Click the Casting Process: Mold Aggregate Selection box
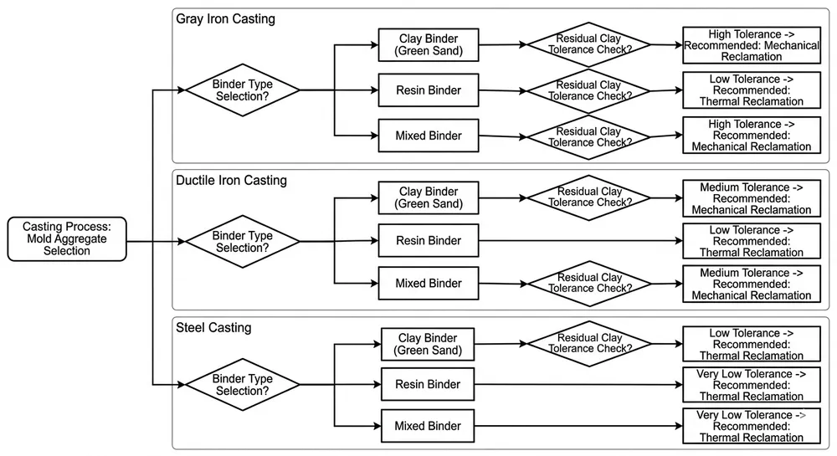(x=67, y=238)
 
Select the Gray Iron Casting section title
(x=224, y=18)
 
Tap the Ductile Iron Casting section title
(x=231, y=180)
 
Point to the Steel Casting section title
(x=213, y=327)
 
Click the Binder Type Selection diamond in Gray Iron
(x=243, y=90)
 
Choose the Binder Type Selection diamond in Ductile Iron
(x=243, y=242)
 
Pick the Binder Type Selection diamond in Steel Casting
(x=243, y=385)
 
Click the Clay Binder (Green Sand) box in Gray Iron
(x=429, y=44)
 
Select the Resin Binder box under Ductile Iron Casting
(x=429, y=241)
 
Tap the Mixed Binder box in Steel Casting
(x=429, y=426)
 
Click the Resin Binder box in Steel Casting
(x=429, y=385)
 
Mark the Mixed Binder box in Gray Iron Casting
(x=429, y=136)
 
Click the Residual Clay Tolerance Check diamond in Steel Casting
(x=588, y=343)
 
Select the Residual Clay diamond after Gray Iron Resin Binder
(x=588, y=90)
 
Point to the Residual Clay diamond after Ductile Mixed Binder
(x=588, y=283)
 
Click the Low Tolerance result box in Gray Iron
(x=751, y=90)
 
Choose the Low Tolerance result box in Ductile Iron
(x=751, y=241)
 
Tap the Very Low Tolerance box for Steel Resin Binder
(x=751, y=385)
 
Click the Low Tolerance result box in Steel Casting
(x=751, y=344)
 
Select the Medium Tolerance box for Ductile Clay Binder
(x=751, y=199)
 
